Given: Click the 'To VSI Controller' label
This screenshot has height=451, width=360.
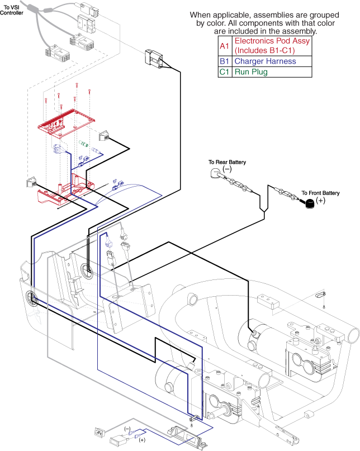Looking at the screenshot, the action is [x=12, y=10].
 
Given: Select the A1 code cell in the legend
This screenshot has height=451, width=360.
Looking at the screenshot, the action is [x=224, y=46].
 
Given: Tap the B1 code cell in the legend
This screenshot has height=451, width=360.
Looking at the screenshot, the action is [x=224, y=61].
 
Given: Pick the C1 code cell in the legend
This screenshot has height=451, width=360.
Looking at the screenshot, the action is [x=224, y=72].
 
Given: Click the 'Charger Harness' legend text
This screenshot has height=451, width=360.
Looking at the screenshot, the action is [x=265, y=61].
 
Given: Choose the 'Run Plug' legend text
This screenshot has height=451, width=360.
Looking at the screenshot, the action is [x=251, y=72].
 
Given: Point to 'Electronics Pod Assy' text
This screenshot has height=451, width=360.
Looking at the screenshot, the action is [x=272, y=41].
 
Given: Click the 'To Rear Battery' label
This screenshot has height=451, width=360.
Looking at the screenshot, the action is [x=227, y=162].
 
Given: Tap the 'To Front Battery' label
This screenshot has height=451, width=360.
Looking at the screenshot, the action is [x=320, y=193].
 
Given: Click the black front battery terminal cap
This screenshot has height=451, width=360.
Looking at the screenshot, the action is [x=309, y=203].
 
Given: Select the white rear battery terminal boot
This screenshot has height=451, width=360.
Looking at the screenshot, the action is [x=215, y=173].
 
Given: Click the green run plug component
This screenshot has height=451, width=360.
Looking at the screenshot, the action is [x=84, y=144].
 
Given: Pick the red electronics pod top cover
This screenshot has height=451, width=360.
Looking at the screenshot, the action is [x=67, y=122].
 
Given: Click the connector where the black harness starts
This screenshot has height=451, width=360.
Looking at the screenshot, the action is [x=154, y=59].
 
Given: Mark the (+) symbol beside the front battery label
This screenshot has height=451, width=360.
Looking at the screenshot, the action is [x=320, y=200].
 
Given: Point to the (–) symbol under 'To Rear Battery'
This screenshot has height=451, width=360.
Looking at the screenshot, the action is [x=227, y=169].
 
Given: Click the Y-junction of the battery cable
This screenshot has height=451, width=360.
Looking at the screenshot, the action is [x=264, y=211].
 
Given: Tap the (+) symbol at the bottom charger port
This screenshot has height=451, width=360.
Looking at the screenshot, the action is [x=142, y=440].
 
